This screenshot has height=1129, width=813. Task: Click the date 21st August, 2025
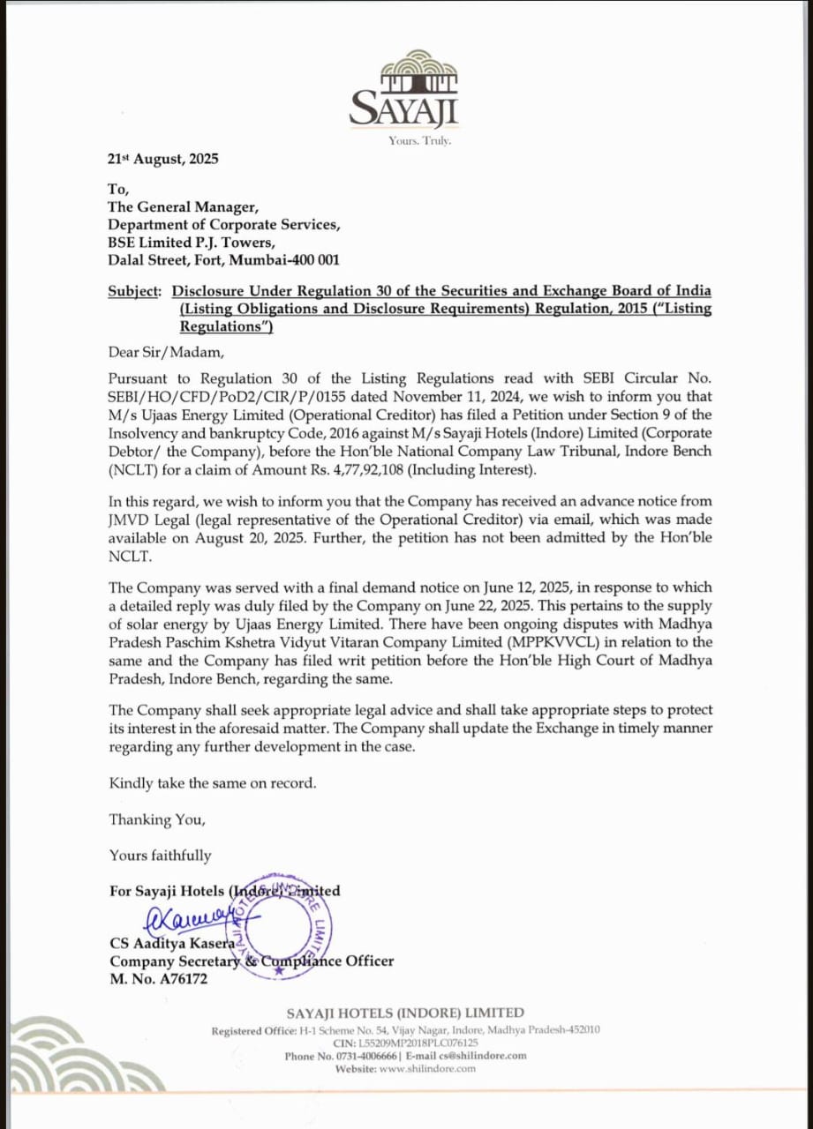[162, 160]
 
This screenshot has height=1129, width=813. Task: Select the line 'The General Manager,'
[183, 207]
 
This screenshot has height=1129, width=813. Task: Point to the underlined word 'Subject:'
[135, 290]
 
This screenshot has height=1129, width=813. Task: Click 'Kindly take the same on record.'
[212, 782]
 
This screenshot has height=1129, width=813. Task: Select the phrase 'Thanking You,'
[157, 819]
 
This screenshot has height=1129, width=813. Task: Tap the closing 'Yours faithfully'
[161, 855]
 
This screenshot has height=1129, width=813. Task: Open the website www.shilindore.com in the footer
[427, 1068]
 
